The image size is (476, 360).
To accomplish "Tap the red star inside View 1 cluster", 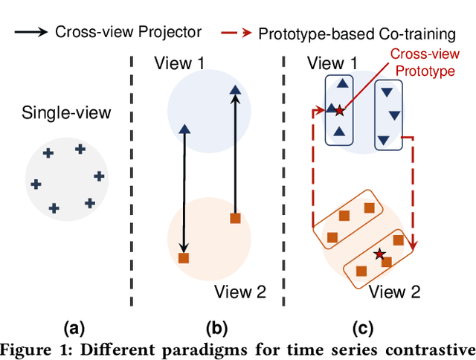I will [x=340, y=111].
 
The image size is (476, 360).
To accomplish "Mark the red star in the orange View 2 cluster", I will [x=380, y=254].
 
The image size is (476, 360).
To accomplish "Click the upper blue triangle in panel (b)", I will [x=235, y=91].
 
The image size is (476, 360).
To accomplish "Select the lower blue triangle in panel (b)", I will [x=184, y=129].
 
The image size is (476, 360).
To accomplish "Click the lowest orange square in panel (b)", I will [x=184, y=258].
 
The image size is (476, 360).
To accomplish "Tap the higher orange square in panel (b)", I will [x=235, y=218].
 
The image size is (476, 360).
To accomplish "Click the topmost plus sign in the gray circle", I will [x=80, y=149].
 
